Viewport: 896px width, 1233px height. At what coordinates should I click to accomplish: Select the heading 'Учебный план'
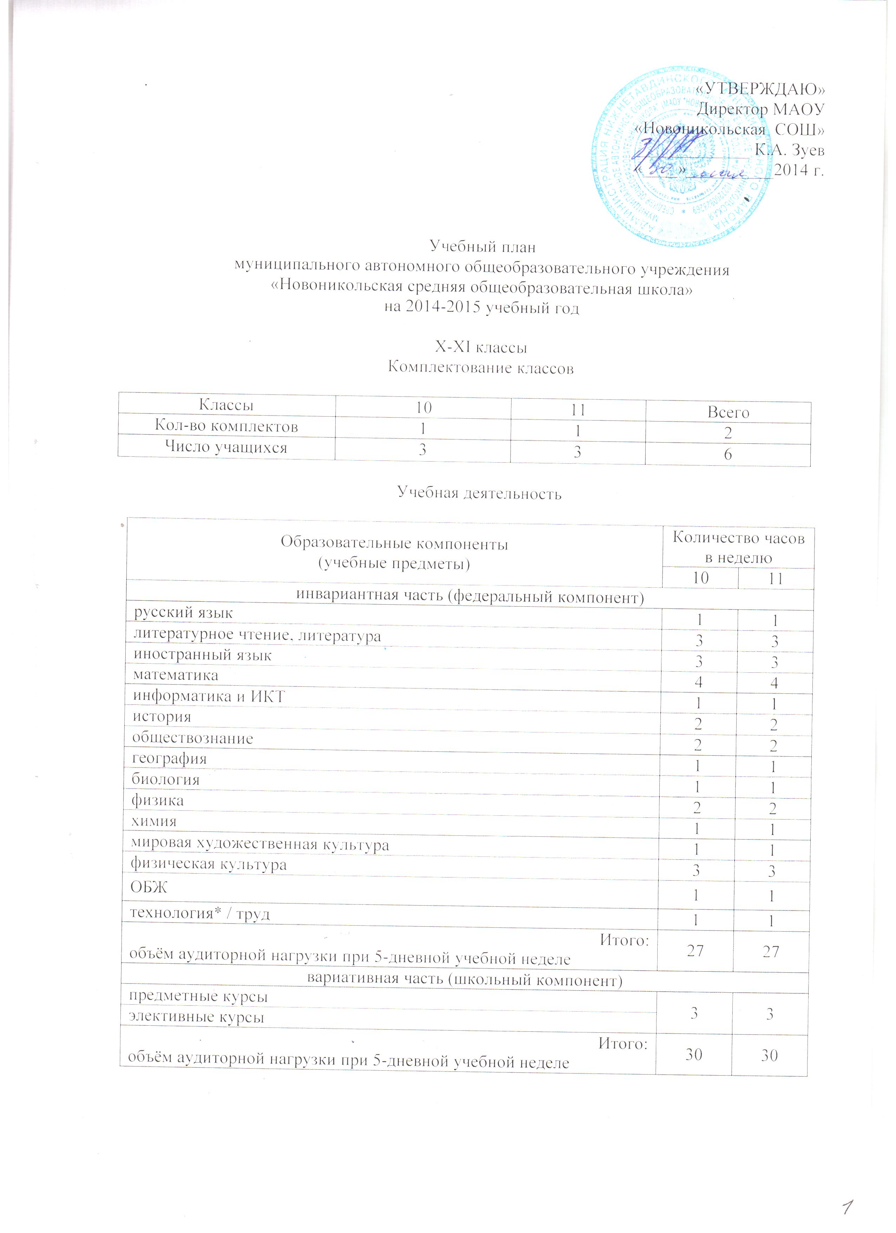pos(482,247)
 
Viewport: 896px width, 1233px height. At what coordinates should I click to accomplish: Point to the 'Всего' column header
pos(728,413)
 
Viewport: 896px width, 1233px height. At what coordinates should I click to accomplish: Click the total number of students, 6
pos(728,455)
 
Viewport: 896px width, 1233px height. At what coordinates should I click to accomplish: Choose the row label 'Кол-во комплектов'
pos(226,426)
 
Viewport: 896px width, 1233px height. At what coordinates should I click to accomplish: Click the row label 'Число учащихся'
pos(226,448)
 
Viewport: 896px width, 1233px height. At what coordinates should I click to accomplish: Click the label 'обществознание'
pos(193,739)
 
